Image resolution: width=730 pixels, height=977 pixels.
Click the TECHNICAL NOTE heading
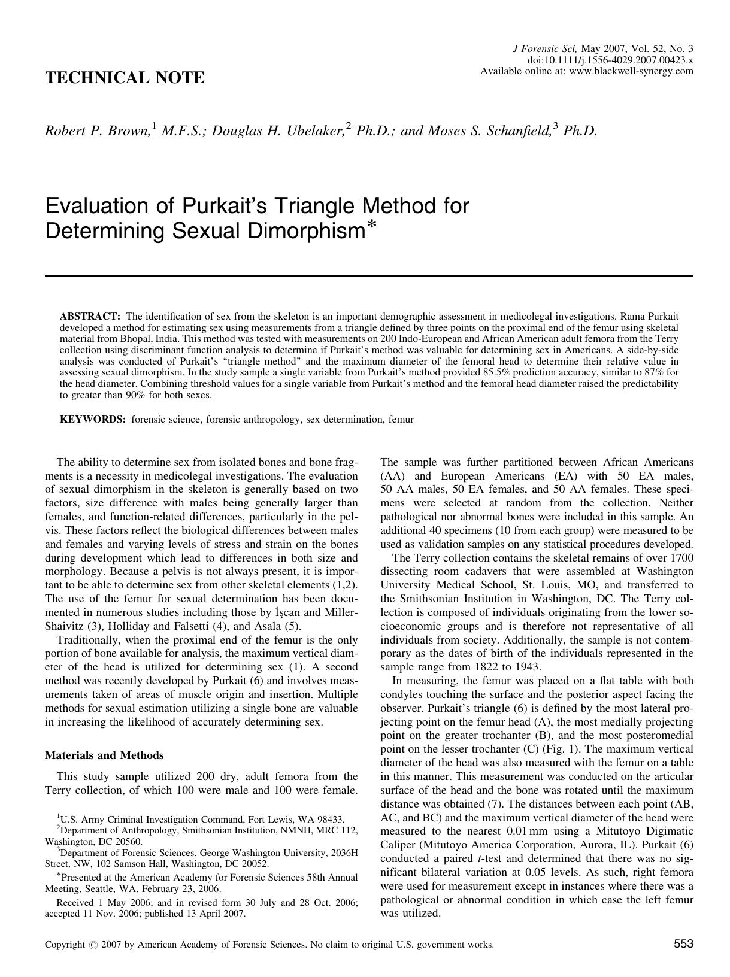pos(125,78)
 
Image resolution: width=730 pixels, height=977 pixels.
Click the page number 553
pos(683,944)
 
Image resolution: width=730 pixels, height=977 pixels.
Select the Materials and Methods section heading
pos(104,755)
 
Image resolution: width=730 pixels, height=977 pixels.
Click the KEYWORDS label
pos(93,419)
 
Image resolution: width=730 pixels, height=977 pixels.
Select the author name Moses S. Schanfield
pos(489,131)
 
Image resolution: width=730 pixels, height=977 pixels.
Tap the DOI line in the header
pos(610,60)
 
